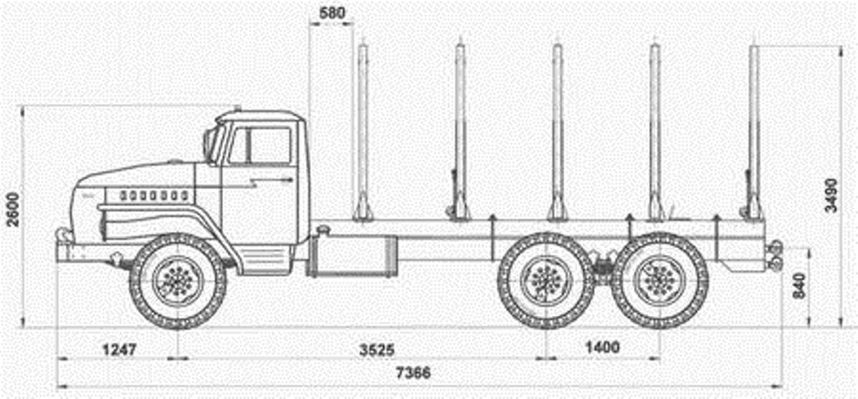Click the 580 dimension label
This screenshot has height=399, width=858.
coord(332,13)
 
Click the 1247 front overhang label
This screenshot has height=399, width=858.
coord(118,347)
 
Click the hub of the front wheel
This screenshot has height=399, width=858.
coord(178,281)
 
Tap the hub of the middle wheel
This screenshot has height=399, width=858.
coord(545,281)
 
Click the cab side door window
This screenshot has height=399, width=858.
coord(270,146)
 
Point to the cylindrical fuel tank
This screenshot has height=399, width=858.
coord(352,255)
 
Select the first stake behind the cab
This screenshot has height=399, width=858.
coord(363,134)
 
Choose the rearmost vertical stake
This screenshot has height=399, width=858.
coord(754,134)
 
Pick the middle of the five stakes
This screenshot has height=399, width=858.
coord(557,134)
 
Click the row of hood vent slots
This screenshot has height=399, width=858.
coord(153,194)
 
